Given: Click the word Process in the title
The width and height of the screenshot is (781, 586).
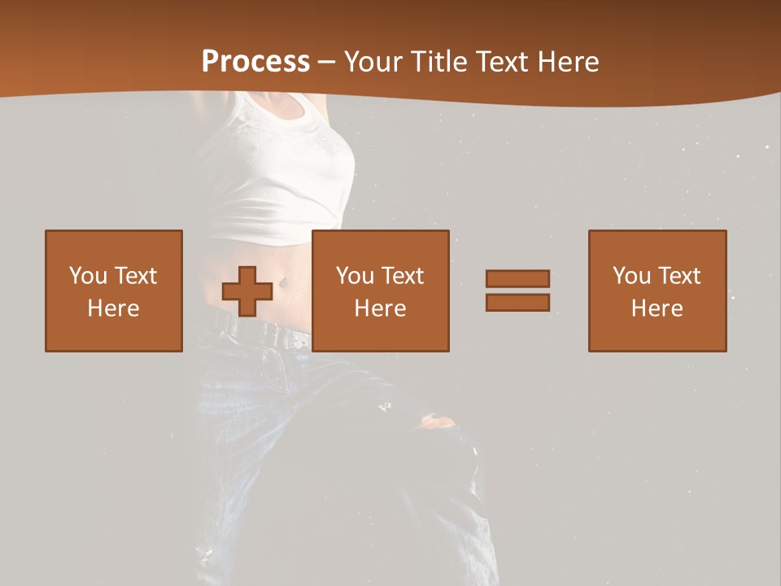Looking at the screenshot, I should point(255,62).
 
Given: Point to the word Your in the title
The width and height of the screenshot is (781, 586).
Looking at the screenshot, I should point(373,62).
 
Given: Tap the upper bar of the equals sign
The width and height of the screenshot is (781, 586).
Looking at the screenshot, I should point(517,278).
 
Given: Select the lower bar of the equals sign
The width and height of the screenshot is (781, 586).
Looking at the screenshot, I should point(517,303).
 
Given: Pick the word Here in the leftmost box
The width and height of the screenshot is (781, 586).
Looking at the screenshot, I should point(113,308).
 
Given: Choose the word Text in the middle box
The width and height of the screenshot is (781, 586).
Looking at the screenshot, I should point(402,276).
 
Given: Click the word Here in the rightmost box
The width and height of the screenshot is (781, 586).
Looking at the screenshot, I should point(657,308).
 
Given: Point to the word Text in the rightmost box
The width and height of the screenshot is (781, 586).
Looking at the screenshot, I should point(678,276).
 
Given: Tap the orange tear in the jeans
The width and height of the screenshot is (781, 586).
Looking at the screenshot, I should point(438,422).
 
